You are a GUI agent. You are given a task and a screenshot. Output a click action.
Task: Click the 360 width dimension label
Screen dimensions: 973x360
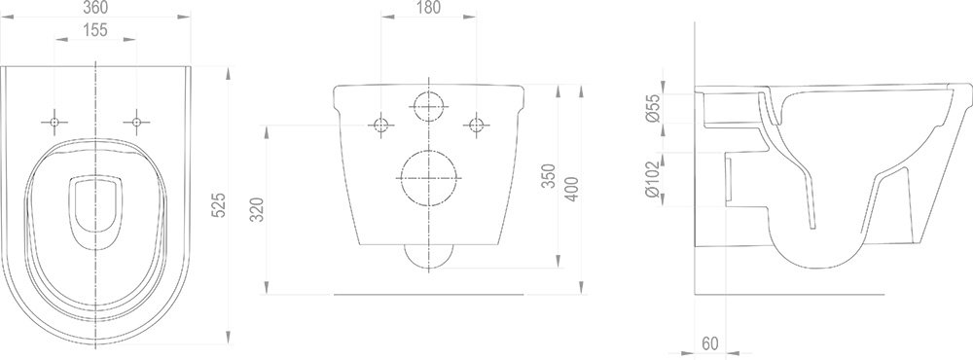click(95, 8)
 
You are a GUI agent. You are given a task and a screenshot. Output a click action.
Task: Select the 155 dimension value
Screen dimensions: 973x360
click(95, 29)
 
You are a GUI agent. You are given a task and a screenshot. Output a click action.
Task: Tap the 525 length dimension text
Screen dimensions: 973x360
click(218, 205)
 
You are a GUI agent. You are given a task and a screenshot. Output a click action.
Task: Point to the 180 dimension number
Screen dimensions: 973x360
click(428, 8)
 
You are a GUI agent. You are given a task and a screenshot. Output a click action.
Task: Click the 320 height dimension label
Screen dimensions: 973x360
click(259, 209)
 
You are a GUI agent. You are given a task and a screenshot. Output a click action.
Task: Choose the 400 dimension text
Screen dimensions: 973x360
click(571, 189)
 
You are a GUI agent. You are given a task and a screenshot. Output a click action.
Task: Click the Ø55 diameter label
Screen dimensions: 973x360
click(651, 108)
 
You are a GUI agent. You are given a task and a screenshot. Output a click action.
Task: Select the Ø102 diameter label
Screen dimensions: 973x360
click(651, 179)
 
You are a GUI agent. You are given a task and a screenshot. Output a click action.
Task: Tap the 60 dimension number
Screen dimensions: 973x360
click(710, 342)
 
